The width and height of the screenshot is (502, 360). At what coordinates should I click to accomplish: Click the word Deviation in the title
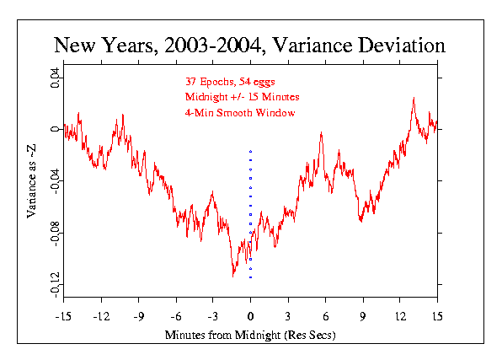[402, 46]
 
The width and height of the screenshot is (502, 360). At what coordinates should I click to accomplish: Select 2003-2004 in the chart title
[212, 46]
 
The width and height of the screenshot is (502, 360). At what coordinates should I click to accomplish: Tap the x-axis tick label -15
[63, 317]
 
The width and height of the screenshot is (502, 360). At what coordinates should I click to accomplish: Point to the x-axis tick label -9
[139, 317]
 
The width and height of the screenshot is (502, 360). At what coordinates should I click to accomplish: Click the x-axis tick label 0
[250, 317]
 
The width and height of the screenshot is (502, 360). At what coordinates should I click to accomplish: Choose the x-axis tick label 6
[326, 317]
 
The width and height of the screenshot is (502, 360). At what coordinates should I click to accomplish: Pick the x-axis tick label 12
[400, 317]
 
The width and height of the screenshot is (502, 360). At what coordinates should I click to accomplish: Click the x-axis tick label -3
[213, 317]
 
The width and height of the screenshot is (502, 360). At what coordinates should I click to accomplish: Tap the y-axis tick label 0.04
[55, 78]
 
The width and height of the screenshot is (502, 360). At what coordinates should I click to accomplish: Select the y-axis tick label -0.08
[55, 234]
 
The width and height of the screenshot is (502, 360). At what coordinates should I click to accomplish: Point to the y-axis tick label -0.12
[55, 285]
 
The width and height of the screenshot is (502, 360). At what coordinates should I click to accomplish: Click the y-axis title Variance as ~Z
[31, 181]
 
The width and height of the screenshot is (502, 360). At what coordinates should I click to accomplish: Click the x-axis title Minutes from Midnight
[222, 335]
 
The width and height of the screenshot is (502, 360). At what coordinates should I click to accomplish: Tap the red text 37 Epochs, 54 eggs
[230, 82]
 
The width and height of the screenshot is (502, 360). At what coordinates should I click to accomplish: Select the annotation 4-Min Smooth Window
[240, 113]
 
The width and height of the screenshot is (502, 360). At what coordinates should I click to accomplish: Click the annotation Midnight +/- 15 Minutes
[243, 97]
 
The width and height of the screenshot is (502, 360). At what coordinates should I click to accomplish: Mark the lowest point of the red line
[232, 277]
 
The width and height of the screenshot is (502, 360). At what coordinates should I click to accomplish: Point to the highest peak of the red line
[414, 98]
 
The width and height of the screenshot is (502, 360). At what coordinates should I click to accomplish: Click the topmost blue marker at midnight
[251, 151]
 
